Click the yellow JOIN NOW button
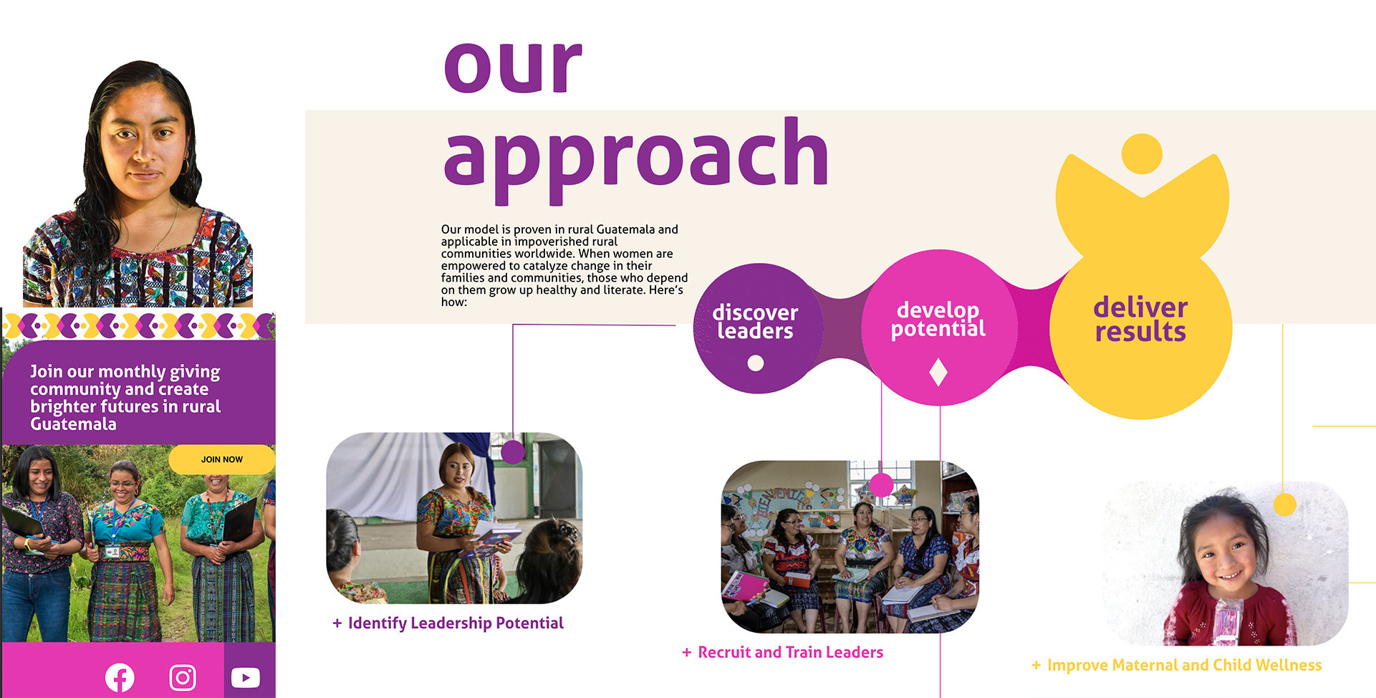point(222,459)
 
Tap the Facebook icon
point(120,678)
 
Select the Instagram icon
point(183,677)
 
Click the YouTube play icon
point(246,677)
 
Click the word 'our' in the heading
point(513,65)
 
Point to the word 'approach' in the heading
point(636,159)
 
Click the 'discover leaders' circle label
point(755,322)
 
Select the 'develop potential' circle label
point(938,319)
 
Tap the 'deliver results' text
point(1140,319)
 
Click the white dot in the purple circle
point(756,363)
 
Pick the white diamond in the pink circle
point(938,373)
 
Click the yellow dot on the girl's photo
point(1285,505)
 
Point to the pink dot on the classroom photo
point(882,485)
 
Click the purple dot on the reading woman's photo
point(513,451)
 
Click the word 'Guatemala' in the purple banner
point(73,424)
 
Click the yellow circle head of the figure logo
point(1142,153)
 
